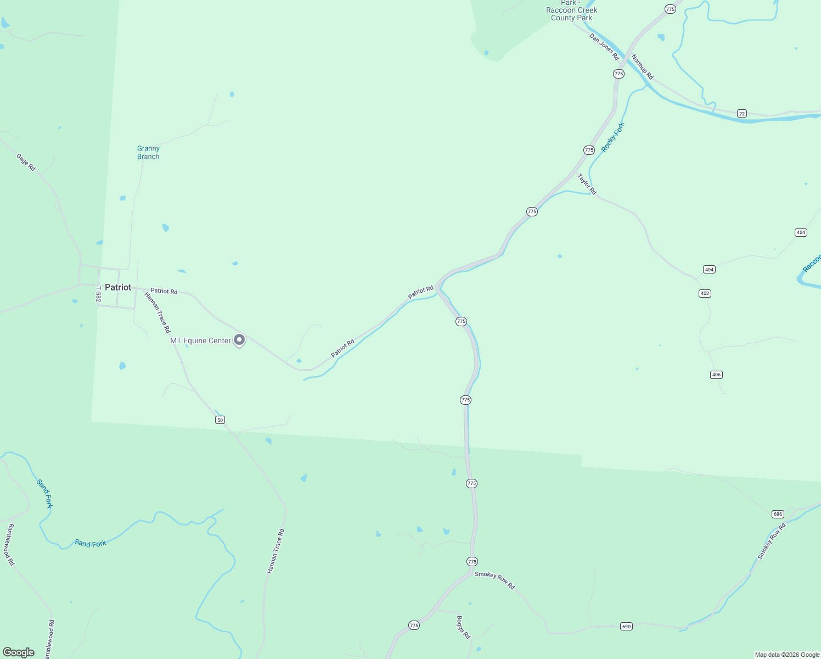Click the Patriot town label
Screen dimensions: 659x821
coord(118,287)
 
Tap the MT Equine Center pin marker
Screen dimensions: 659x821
coord(239,340)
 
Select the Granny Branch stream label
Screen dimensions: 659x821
coord(148,153)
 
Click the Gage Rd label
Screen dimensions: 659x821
coord(26,162)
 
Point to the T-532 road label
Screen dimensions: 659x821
coord(99,294)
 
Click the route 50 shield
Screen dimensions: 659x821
coord(220,420)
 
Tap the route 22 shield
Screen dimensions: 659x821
coord(742,114)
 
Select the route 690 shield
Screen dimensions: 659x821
coord(626,626)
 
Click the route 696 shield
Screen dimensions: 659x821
coord(778,514)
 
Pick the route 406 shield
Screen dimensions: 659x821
coord(716,375)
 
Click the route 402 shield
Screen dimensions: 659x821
coord(705,293)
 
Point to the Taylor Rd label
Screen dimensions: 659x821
coord(587,184)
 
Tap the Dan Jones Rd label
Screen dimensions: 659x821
coord(604,47)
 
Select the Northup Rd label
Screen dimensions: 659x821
coord(642,66)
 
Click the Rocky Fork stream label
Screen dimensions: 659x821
coord(613,137)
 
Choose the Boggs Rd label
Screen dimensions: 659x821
coord(463,627)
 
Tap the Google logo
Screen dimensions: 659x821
coord(19,652)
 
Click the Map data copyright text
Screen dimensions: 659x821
coord(787,655)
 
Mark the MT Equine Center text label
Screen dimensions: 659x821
coord(200,341)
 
